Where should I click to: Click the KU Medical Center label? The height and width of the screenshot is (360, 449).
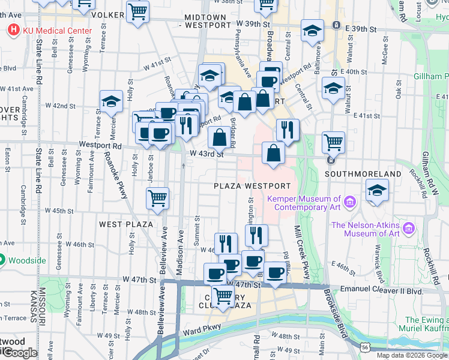coord(58,31)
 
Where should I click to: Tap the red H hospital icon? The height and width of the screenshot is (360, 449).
coord(13,29)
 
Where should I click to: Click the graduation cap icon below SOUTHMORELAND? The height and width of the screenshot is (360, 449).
coord(376,191)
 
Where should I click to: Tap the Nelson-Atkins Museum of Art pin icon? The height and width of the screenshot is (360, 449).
coord(410,229)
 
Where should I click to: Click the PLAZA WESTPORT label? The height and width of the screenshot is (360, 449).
coord(252,187)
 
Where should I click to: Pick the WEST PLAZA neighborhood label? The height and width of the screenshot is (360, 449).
coord(125,224)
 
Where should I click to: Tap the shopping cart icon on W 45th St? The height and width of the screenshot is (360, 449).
coord(157,197)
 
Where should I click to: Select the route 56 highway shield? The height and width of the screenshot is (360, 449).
coord(365,346)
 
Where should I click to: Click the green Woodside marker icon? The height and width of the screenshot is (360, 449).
coord(2,260)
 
